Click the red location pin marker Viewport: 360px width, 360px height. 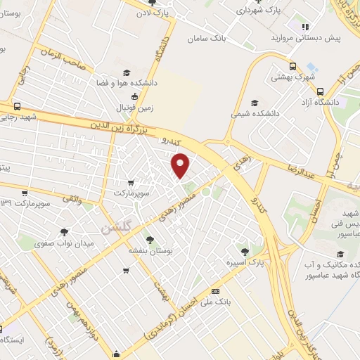(181, 166)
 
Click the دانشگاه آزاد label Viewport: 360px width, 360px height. (301, 102)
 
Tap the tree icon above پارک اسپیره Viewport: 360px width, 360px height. (245, 251)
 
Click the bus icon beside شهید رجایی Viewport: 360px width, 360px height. (17, 107)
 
